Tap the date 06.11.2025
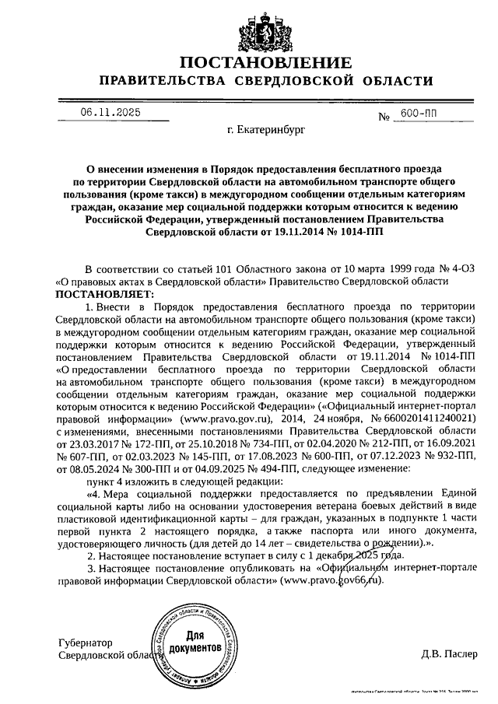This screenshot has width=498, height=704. pos(110,113)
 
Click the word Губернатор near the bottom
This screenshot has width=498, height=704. pos(86,643)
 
